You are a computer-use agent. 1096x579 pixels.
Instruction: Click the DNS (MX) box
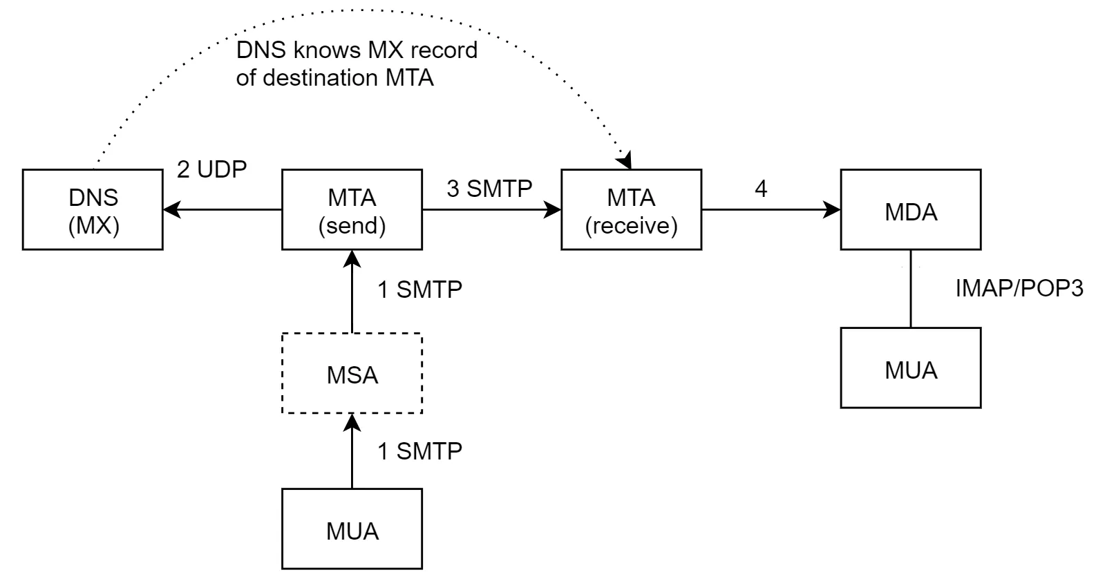coord(93,209)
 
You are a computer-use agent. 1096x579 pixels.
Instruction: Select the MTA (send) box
coord(352,209)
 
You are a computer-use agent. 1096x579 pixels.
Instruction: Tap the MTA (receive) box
coord(631,209)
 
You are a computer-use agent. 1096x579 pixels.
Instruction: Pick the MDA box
coord(911,209)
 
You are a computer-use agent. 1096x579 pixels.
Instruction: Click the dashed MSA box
coord(352,374)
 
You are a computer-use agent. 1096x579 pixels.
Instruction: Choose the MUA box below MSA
coord(352,529)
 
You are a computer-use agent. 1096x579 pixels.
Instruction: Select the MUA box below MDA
coord(911,368)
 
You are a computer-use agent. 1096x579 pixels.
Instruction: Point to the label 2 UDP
coord(211,170)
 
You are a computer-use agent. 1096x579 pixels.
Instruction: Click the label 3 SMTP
coord(489,188)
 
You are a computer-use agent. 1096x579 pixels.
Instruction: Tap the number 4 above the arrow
coord(761,189)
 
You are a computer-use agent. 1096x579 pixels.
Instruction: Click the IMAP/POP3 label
coord(1019,288)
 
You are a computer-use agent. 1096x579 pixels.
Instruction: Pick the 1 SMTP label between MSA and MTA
coord(419,289)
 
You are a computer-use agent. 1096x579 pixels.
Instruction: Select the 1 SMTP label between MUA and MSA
coord(419,451)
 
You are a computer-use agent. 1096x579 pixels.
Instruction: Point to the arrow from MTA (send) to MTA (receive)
coord(491,209)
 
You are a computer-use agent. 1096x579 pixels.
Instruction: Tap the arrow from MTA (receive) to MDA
coord(771,209)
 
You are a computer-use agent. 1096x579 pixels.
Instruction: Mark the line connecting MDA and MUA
coord(911,288)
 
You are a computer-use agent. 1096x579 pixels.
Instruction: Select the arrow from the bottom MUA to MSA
coord(352,452)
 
